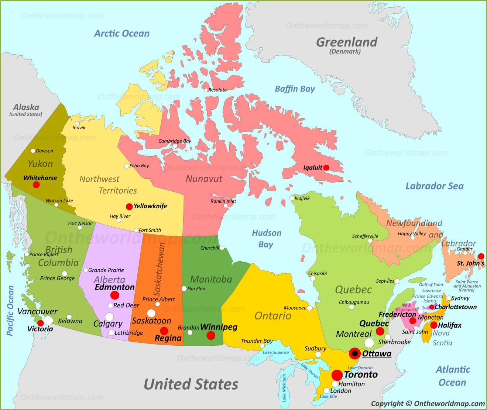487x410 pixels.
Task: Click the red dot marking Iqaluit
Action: (326, 168)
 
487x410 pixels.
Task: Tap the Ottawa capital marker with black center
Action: (355, 353)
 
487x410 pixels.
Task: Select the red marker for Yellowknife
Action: (129, 206)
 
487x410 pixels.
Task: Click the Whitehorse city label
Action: (40, 178)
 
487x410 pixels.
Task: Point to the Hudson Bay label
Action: (267, 239)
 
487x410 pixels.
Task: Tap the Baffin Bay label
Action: (295, 89)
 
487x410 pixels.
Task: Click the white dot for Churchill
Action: (222, 248)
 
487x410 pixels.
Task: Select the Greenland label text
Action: (346, 42)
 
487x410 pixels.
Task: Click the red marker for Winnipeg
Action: (211, 335)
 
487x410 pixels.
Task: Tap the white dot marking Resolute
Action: (206, 90)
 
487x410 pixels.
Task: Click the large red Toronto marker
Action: (337, 375)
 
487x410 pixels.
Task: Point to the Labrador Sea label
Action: (434, 186)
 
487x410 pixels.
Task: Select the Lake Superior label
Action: (276, 352)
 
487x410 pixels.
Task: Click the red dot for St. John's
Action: (481, 256)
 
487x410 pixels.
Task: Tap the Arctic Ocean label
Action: (121, 34)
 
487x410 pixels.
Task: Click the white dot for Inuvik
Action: (77, 124)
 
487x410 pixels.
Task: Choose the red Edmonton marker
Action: (115, 295)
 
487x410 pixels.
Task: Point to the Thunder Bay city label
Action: (256, 341)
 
